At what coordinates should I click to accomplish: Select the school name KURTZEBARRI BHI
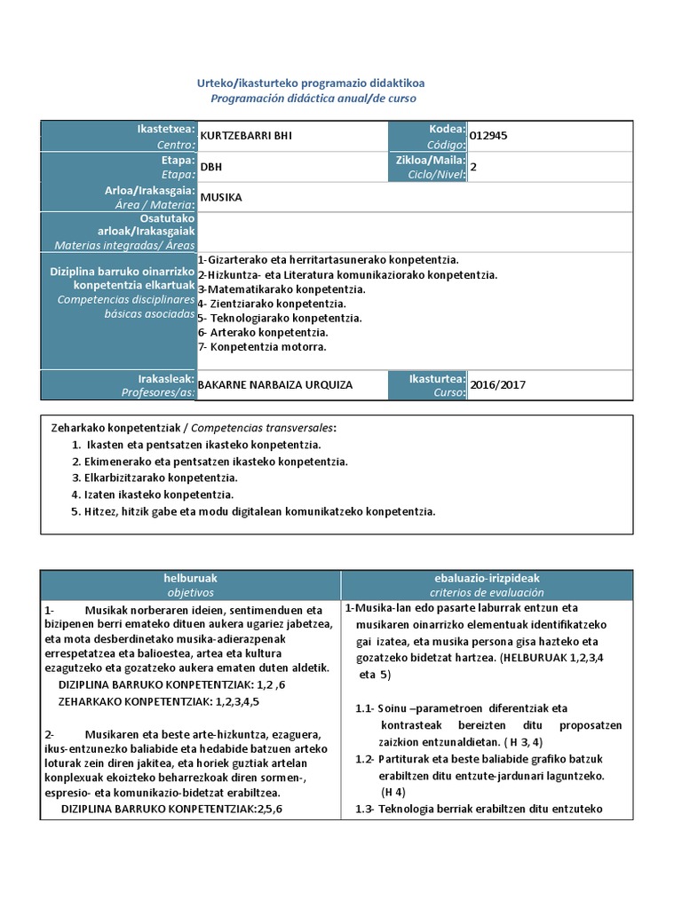245,136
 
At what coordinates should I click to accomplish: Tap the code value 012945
489,136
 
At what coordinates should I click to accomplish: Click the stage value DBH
211,166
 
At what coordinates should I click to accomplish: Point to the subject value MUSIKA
221,197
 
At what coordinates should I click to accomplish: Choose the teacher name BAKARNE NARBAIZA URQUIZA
274,385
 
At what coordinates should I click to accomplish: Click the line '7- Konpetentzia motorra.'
262,346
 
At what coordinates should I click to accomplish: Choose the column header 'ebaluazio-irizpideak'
488,578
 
